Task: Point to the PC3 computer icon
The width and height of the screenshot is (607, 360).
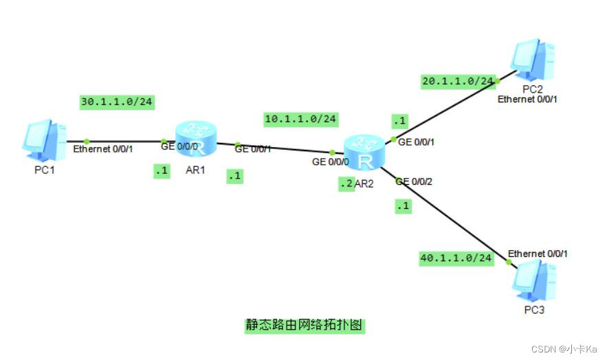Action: [533, 284]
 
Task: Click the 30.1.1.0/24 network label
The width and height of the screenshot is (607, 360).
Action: [116, 102]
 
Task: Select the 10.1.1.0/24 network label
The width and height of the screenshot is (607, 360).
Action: [300, 119]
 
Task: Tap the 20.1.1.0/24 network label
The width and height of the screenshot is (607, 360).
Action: [458, 81]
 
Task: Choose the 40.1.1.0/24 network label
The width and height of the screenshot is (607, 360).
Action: [456, 258]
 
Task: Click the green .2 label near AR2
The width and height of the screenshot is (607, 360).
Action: [346, 184]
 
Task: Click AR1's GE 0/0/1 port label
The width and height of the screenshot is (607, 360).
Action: [252, 148]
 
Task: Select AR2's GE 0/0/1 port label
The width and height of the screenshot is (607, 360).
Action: [415, 142]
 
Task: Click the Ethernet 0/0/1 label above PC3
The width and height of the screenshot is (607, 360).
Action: [538, 254]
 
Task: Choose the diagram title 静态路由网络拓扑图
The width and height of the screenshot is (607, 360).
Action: [304, 325]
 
